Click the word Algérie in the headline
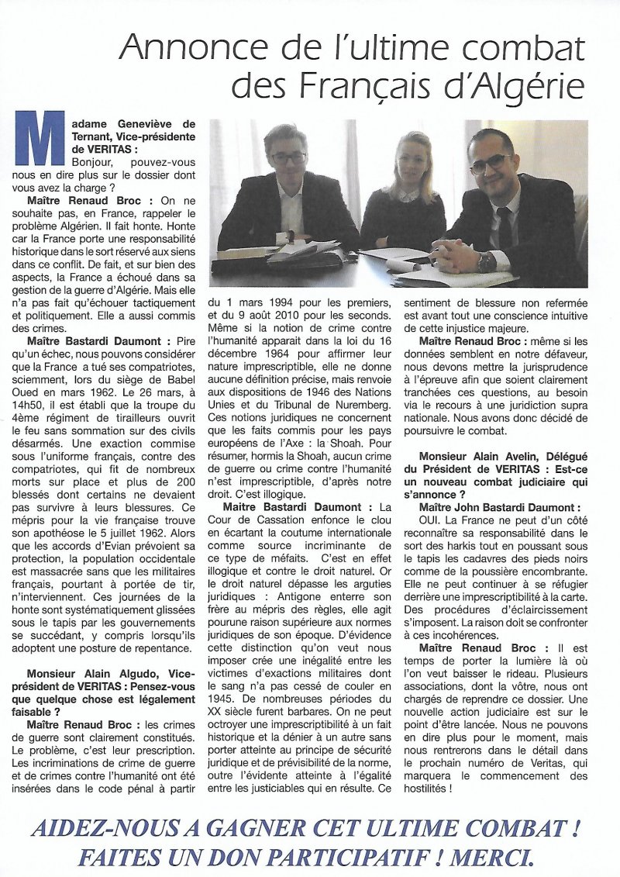pos(529,85)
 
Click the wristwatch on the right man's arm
pos(486,262)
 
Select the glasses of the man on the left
pos(288,157)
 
